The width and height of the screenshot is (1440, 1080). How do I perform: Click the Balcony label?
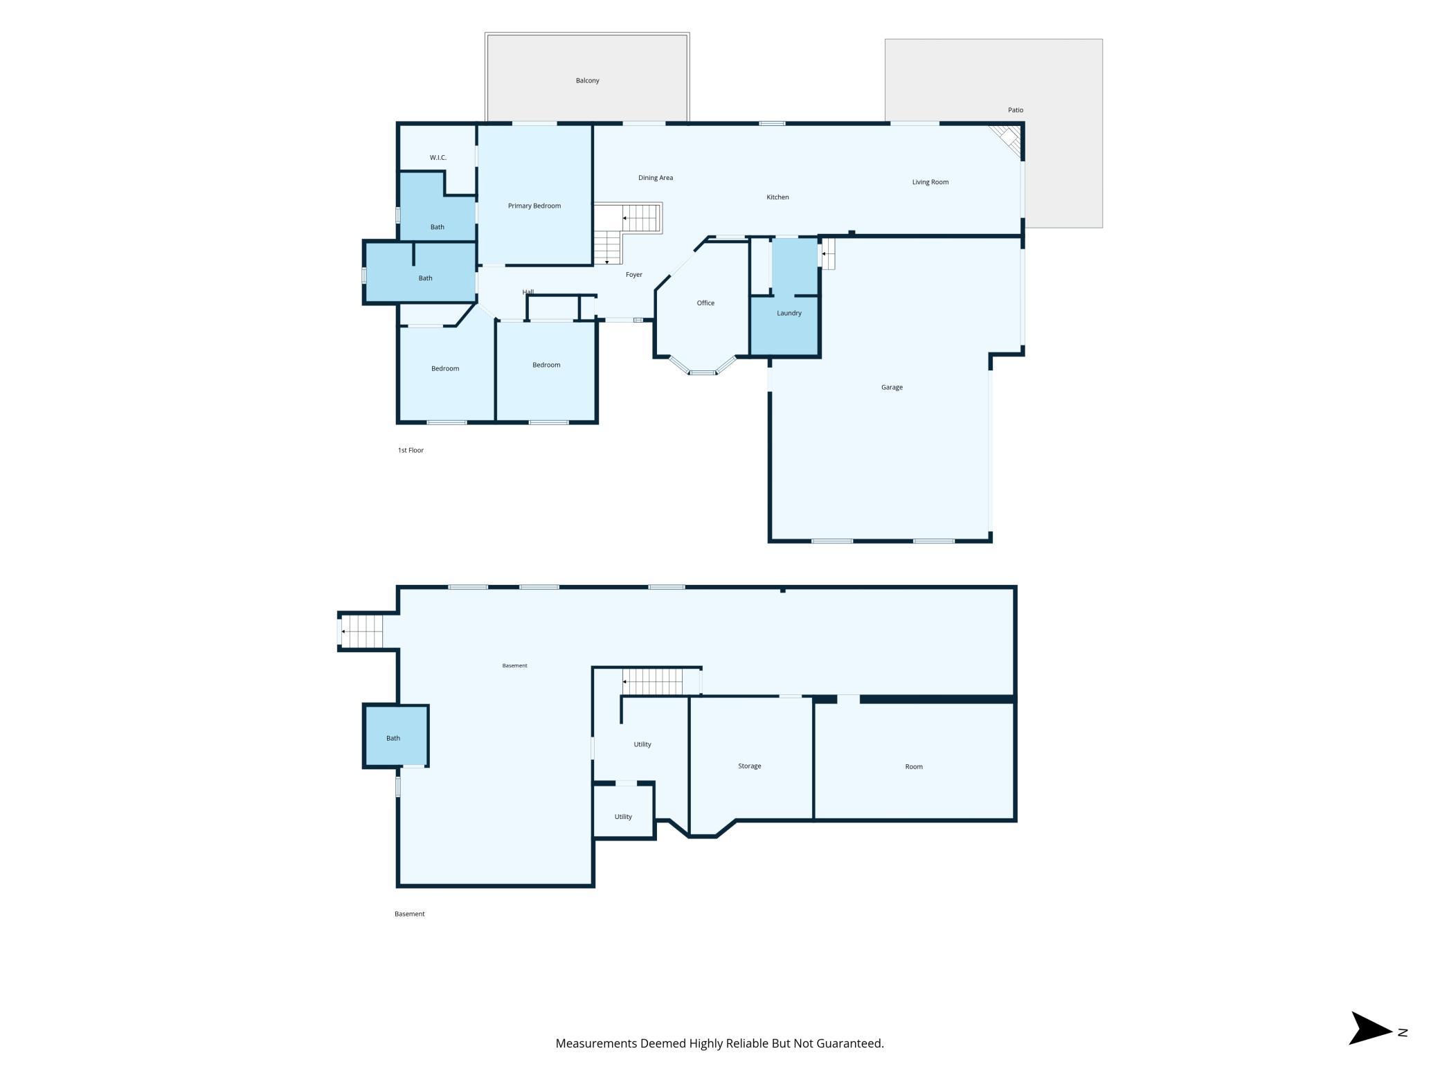(x=587, y=80)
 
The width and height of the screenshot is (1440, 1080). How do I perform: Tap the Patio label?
(x=1015, y=110)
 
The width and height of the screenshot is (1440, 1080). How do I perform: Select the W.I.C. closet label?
(x=438, y=158)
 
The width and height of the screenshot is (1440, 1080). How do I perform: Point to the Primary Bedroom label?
(x=534, y=206)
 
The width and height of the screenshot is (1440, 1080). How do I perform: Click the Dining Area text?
(x=655, y=178)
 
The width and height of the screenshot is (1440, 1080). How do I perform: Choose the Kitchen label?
(x=777, y=197)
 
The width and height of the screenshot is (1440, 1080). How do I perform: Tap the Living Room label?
(x=930, y=182)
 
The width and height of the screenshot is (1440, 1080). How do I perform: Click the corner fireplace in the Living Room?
(x=1008, y=141)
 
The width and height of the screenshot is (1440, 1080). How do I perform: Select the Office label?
(x=705, y=303)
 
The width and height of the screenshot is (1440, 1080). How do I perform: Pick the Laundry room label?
(x=789, y=313)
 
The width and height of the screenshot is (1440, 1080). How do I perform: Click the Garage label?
(x=892, y=388)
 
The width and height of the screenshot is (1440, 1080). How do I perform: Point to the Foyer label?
(x=633, y=275)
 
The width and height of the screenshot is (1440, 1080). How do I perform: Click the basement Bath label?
(x=393, y=738)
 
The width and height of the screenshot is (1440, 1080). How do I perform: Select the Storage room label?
(x=749, y=766)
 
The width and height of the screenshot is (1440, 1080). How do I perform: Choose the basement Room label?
(x=914, y=766)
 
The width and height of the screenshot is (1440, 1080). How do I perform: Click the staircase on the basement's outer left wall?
(x=361, y=631)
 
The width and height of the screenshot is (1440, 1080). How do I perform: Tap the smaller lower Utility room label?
(x=623, y=817)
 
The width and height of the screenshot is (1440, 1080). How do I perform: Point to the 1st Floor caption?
(x=411, y=451)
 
